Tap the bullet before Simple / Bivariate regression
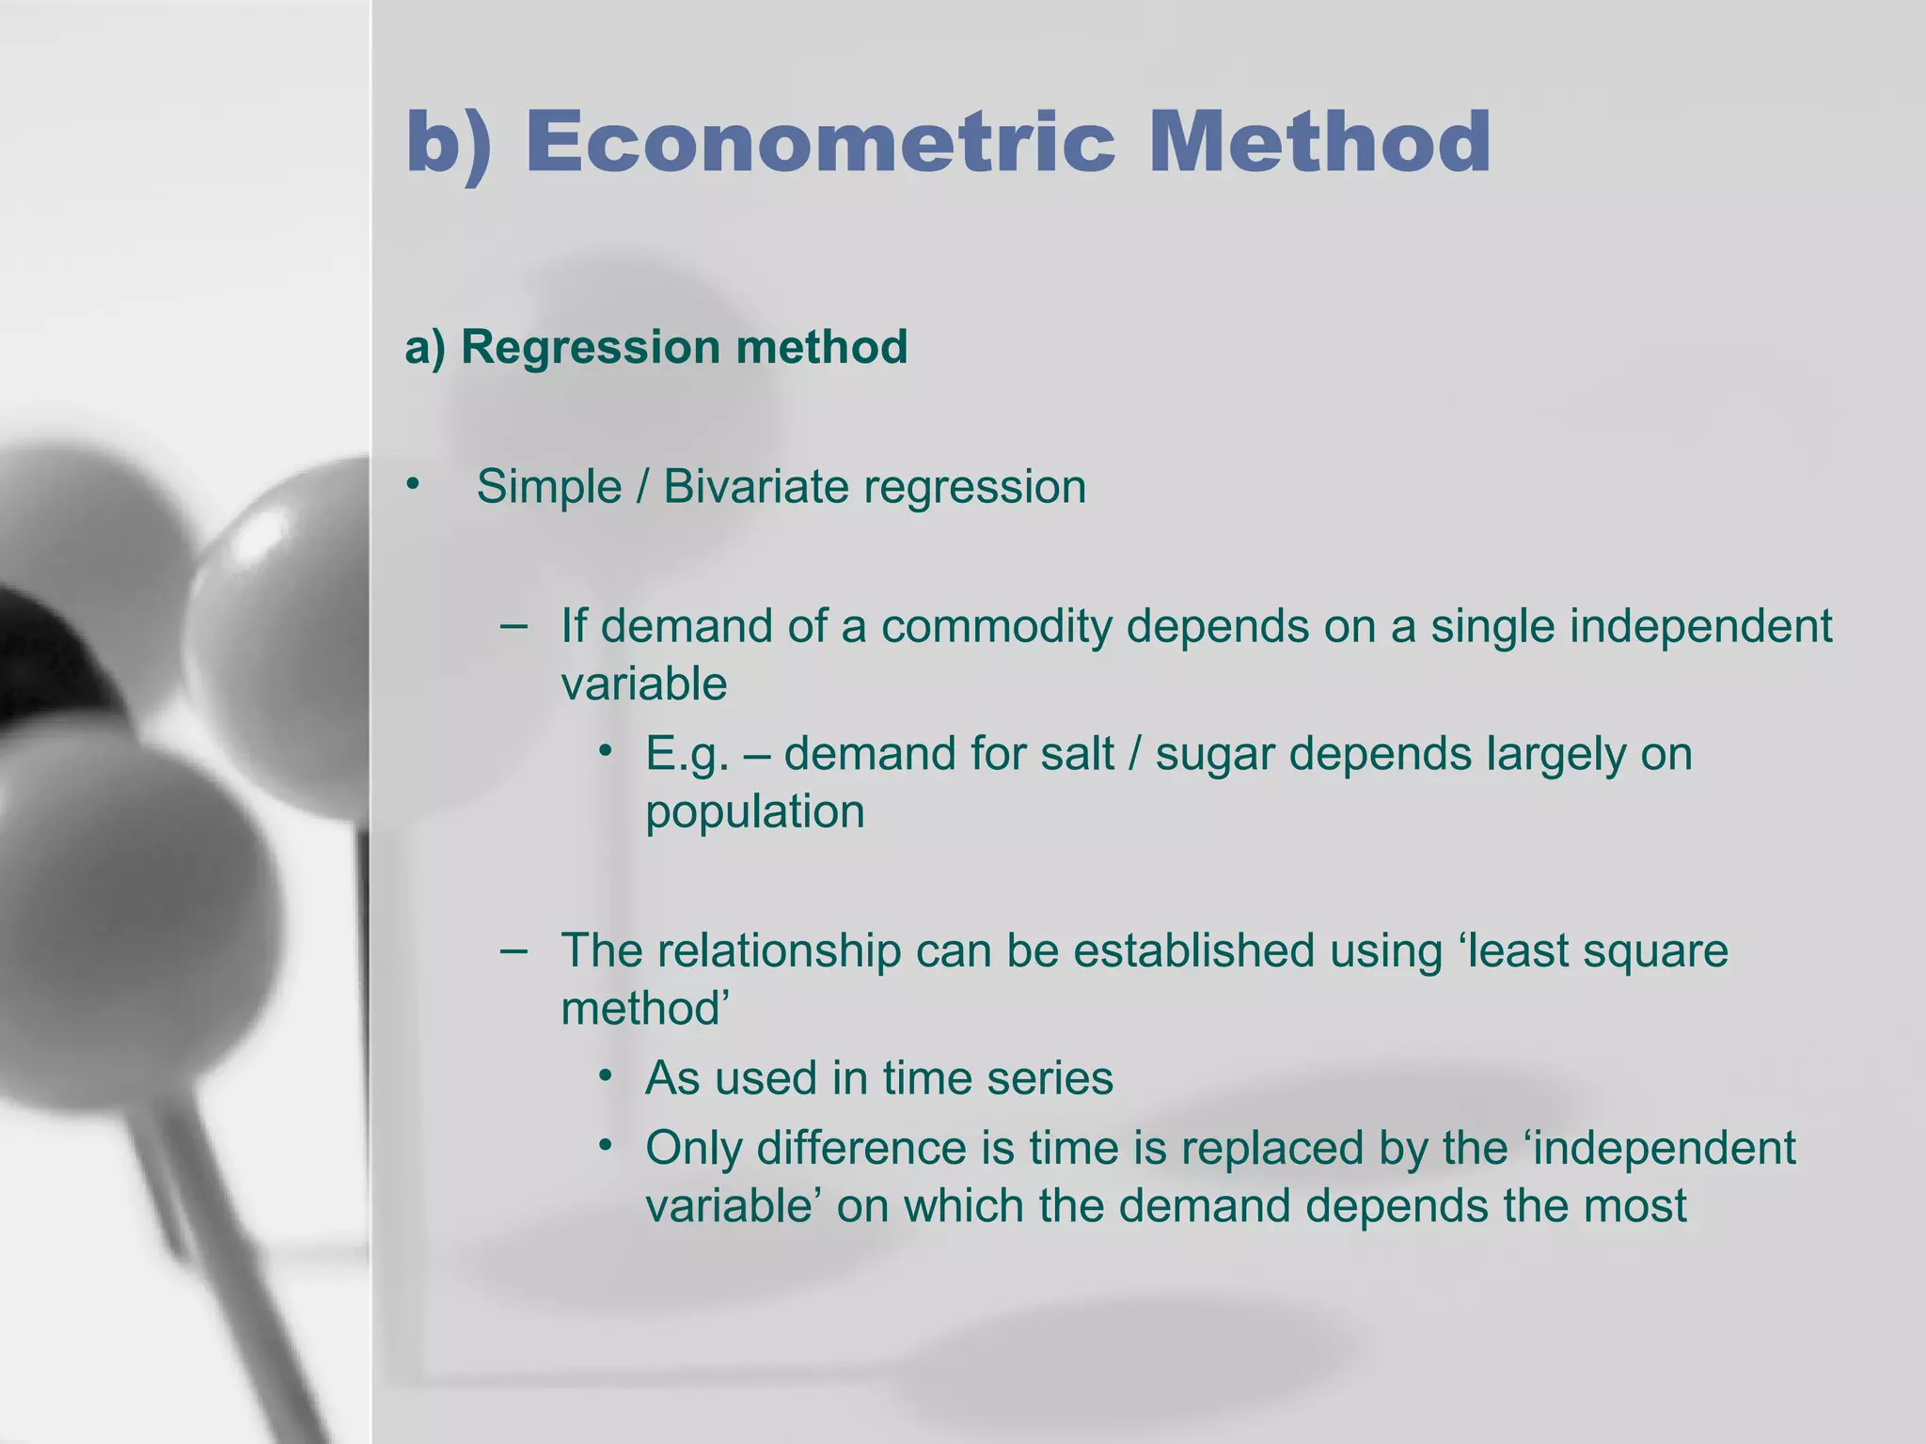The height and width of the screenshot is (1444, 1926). (411, 485)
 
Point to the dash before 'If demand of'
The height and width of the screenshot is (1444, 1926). (513, 624)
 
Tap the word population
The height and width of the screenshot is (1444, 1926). (754, 812)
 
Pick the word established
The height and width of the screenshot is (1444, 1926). (1193, 950)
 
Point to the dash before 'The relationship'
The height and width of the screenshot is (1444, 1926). (513, 950)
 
